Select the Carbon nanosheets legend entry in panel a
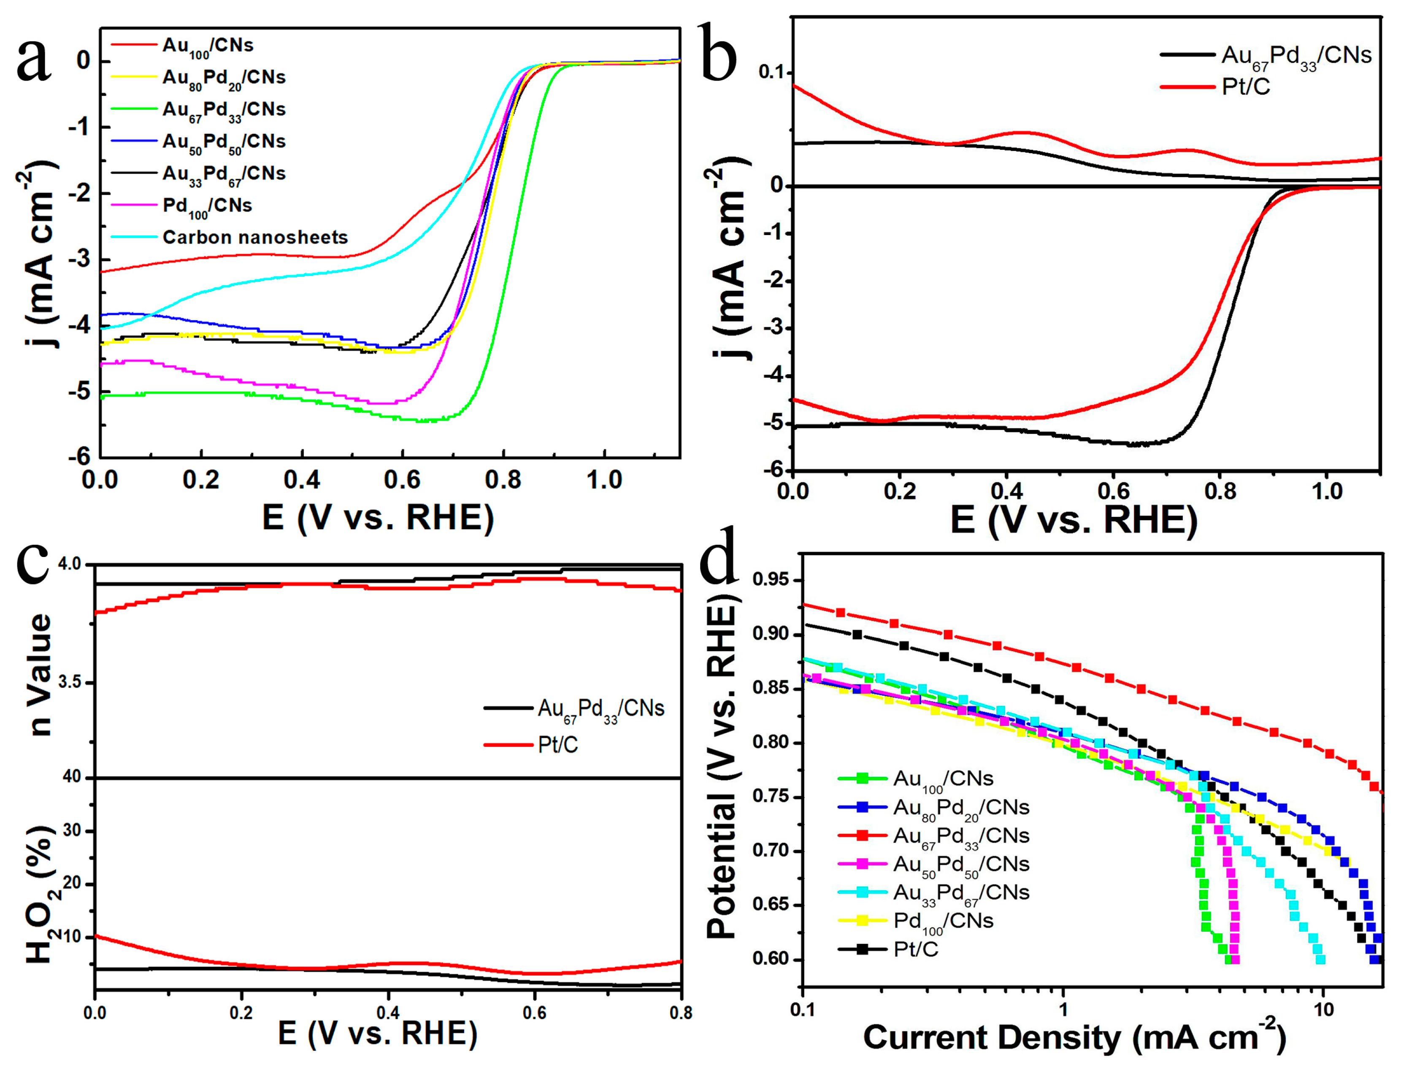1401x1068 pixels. tap(255, 237)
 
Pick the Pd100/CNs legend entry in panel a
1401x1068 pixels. tap(207, 206)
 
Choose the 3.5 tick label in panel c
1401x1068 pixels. tap(70, 683)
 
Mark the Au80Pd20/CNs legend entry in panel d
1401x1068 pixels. tap(960, 807)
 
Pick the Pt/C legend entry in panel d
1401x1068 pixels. tap(915, 949)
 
